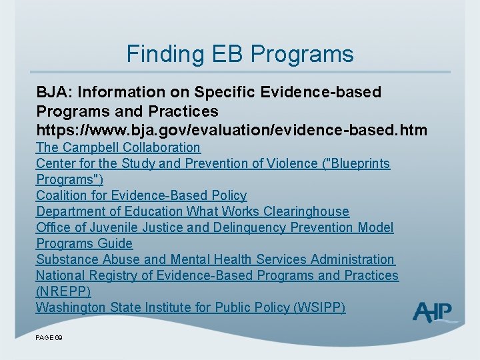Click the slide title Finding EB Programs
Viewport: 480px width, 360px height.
click(x=240, y=54)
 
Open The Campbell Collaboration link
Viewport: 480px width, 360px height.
click(x=118, y=147)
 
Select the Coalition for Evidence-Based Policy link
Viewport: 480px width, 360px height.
click(x=141, y=195)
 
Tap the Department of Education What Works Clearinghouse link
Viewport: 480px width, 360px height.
click(x=193, y=211)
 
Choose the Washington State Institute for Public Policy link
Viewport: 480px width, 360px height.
click(x=191, y=307)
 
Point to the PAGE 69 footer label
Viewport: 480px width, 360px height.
click(x=49, y=339)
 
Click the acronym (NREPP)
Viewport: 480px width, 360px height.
click(x=63, y=291)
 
